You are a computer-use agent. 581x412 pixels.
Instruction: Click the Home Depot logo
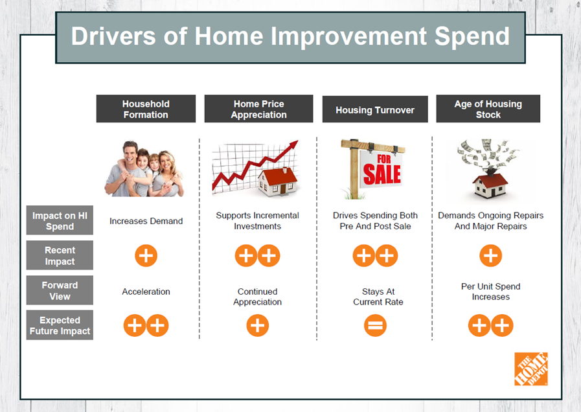[x=531, y=369]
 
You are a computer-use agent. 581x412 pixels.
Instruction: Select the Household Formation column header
[x=146, y=109]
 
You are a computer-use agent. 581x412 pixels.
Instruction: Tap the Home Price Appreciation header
[x=258, y=109]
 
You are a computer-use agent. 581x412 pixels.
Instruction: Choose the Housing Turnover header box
[x=375, y=109]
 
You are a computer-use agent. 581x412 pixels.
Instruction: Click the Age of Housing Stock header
[x=488, y=109]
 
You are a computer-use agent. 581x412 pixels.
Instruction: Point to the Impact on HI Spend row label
[x=60, y=220]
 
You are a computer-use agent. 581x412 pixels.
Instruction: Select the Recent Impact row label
[x=60, y=255]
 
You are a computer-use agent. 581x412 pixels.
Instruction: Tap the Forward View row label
[x=60, y=290]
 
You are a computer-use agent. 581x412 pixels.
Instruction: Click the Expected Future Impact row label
[x=60, y=325]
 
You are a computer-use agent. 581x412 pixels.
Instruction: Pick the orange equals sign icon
[x=376, y=326]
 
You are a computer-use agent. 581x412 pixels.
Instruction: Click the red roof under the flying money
[x=490, y=179]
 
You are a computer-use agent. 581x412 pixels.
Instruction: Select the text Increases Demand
[x=146, y=221]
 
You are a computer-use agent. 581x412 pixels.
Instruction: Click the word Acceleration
[x=146, y=292]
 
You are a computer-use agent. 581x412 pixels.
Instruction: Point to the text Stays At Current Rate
[x=378, y=297]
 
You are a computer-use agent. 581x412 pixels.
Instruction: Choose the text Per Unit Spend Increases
[x=490, y=292]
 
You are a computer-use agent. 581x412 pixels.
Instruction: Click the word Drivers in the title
[x=113, y=36]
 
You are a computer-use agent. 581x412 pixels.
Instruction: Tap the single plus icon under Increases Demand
[x=146, y=256]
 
